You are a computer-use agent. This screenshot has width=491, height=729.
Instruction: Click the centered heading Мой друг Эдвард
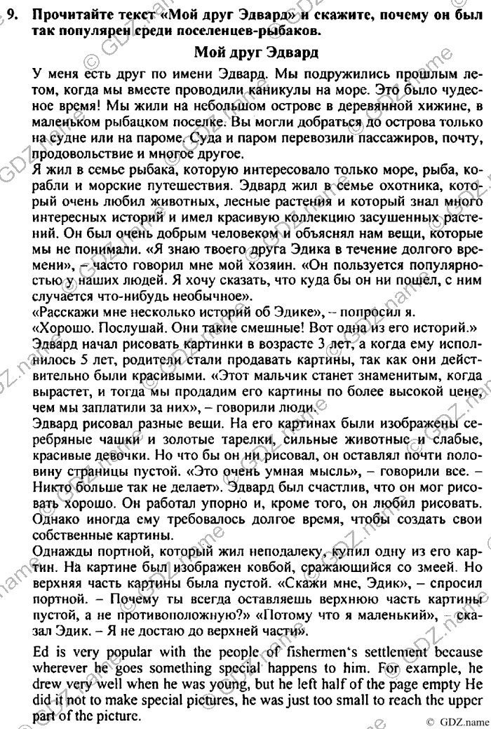[255, 52]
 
